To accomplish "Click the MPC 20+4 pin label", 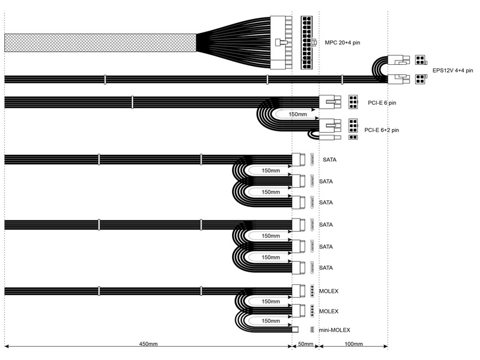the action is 342,43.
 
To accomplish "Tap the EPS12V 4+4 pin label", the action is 452,70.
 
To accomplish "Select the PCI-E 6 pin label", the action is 382,103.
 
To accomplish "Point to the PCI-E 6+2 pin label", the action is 382,130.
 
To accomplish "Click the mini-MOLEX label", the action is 334,330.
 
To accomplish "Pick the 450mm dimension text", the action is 148,344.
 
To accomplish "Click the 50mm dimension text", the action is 305,344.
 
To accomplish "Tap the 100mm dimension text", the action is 353,344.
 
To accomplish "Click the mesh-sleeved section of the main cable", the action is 100,43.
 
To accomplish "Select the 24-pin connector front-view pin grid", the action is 307,43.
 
